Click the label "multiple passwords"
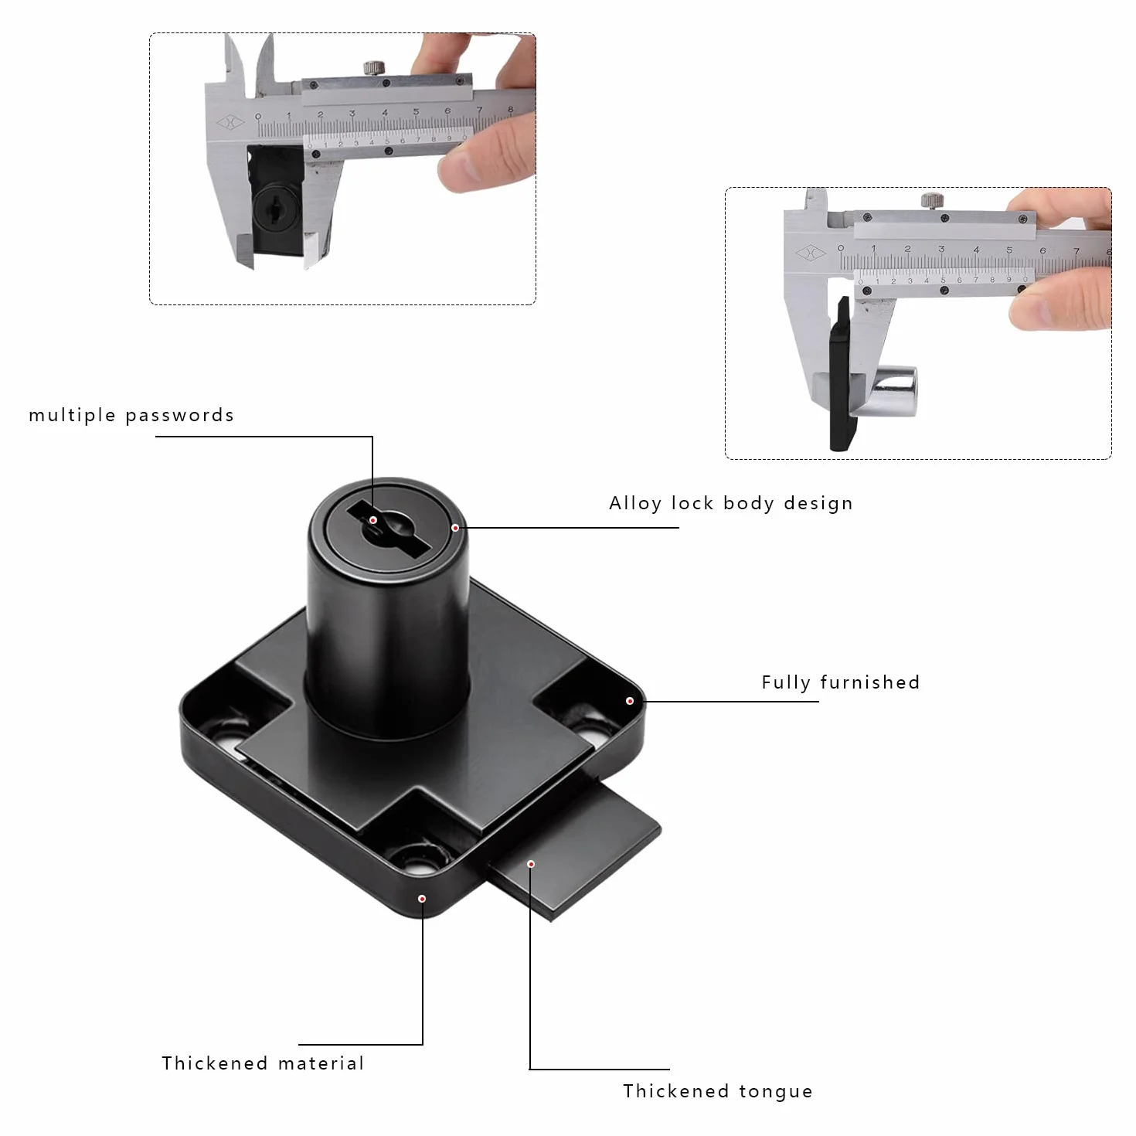(131, 415)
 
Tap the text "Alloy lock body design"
(731, 503)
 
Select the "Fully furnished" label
(841, 682)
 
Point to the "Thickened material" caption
(263, 1063)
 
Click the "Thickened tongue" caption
(718, 1091)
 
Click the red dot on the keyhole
(373, 520)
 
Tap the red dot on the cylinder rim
(455, 528)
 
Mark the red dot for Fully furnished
(630, 701)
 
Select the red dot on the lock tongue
(531, 864)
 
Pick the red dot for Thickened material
(422, 899)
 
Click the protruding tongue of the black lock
(575, 849)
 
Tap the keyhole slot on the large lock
(389, 529)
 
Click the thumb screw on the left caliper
(374, 68)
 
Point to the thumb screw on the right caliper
(932, 200)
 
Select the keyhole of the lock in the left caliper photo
(275, 208)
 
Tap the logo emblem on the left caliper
(230, 123)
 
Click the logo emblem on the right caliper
(811, 253)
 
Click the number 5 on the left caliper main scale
(417, 111)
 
